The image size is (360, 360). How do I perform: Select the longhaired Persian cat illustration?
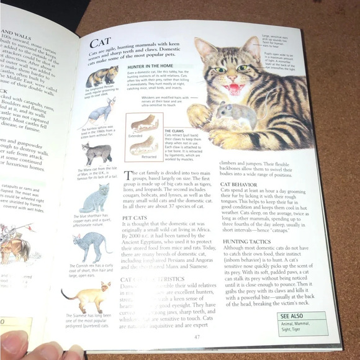point(102,78)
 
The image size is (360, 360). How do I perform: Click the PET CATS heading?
point(135,218)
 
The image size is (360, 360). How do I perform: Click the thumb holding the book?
point(37,350)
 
